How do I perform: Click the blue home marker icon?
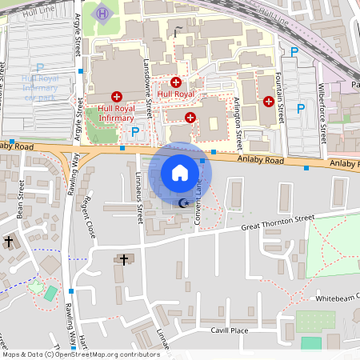pyautogui.click(x=180, y=172)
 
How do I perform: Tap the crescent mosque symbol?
pyautogui.click(x=185, y=203)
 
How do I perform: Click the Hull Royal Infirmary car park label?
pyautogui.click(x=40, y=87)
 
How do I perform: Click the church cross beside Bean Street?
pyautogui.click(x=9, y=240)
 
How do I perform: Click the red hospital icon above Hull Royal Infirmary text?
pyautogui.click(x=117, y=96)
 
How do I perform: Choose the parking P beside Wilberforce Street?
pyautogui.click(x=301, y=108)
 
